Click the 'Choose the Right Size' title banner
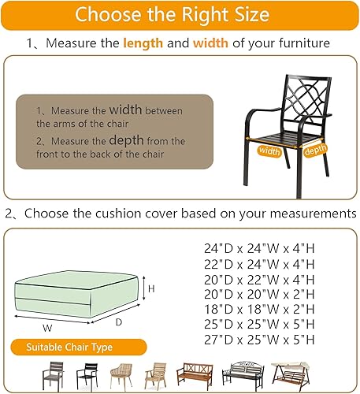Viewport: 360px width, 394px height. click(x=180, y=15)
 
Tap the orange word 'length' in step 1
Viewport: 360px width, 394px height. click(x=144, y=43)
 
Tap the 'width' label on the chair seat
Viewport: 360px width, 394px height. click(x=269, y=151)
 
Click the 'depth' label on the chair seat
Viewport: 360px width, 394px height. click(x=315, y=150)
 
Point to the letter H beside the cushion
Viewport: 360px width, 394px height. click(x=151, y=289)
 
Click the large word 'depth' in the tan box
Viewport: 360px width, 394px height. click(x=126, y=140)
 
